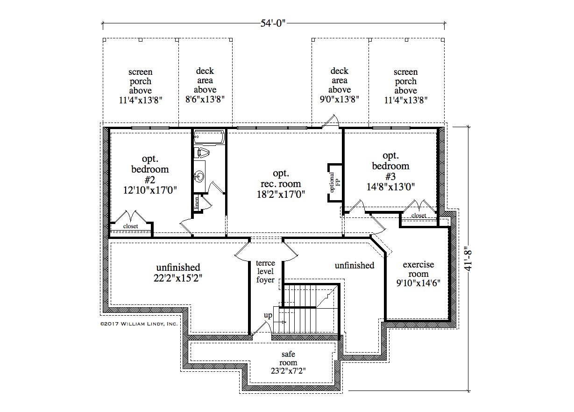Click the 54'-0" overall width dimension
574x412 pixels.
click(273, 23)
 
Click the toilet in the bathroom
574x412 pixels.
click(201, 153)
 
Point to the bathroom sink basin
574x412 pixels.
click(199, 176)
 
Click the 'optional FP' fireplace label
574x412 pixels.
click(334, 182)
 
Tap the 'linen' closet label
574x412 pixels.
click(197, 203)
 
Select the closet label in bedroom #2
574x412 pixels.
click(130, 226)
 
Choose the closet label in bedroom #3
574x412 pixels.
click(419, 216)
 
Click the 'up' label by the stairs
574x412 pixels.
click(268, 315)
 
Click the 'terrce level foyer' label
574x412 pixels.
click(265, 271)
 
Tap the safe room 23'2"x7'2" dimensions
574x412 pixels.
click(288, 371)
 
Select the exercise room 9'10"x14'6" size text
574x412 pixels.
click(418, 283)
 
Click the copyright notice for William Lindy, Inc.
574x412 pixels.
click(139, 324)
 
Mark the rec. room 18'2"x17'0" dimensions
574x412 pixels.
click(281, 195)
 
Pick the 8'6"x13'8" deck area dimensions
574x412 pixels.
click(205, 99)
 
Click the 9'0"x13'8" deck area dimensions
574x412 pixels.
click(340, 99)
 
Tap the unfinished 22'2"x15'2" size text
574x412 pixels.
click(178, 278)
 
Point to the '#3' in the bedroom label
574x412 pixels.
click(390, 176)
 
